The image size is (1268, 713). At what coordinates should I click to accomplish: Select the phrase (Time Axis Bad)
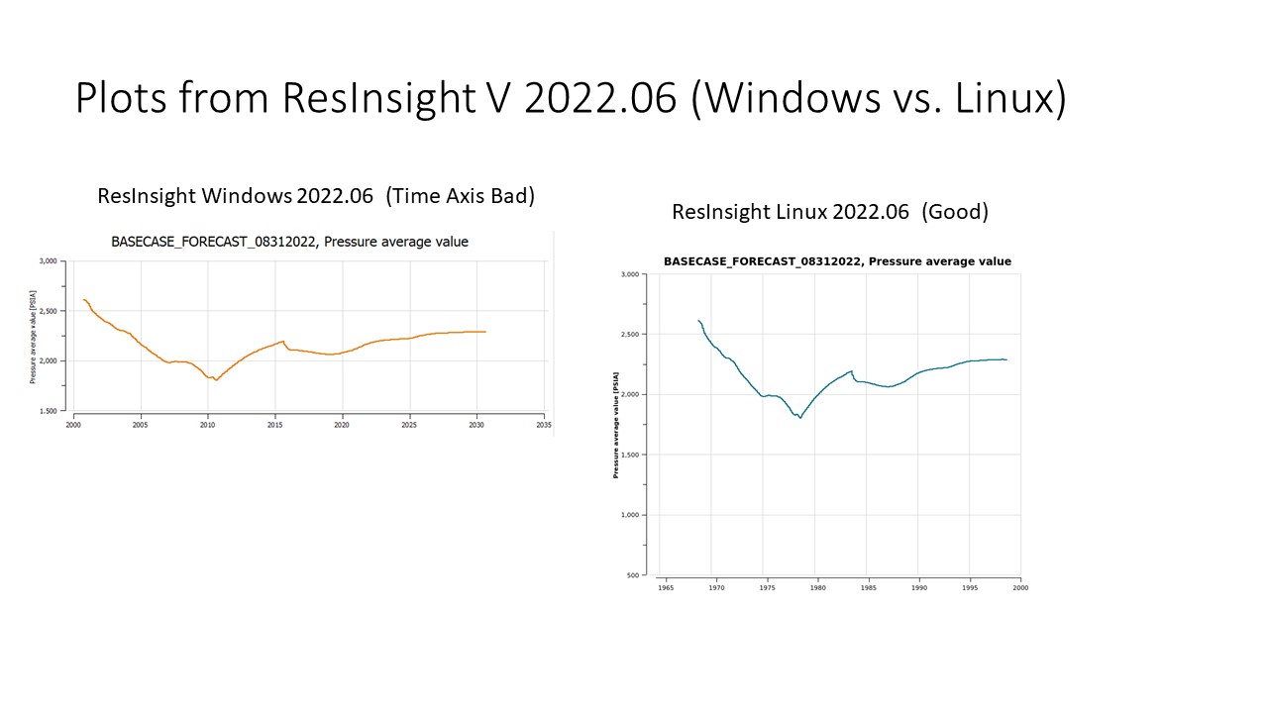coord(460,196)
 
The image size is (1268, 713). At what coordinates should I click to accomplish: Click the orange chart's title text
coord(289,242)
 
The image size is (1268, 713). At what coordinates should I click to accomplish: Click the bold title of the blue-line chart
coord(837,261)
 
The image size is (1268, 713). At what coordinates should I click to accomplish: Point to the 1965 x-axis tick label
coord(666,587)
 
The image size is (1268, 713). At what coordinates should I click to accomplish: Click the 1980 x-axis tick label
coord(817,587)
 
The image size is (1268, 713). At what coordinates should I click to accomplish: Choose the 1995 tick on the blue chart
coord(970,587)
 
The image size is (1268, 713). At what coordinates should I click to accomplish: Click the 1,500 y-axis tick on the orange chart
coord(48,410)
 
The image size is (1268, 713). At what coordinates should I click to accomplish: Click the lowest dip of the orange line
coord(216,379)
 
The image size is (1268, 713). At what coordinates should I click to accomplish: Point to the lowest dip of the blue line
coord(799,418)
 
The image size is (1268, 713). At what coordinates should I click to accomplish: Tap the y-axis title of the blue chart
coord(616,425)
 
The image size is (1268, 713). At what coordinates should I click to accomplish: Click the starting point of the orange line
coord(83,299)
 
